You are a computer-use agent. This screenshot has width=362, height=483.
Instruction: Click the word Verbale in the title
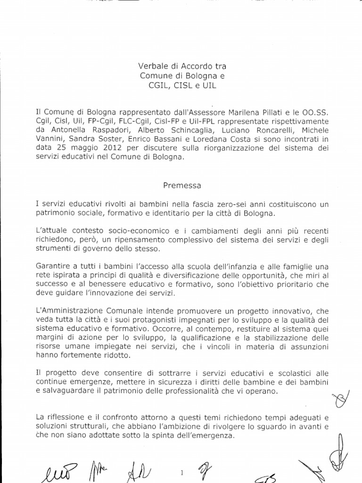coord(151,66)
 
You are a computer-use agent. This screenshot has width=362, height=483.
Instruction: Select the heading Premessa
coord(182,185)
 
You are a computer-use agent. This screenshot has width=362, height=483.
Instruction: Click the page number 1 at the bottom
coord(181,471)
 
